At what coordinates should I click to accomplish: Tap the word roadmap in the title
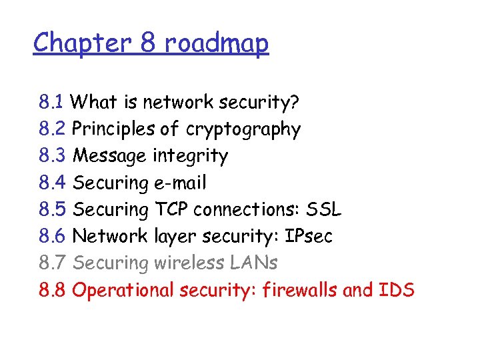pyautogui.click(x=216, y=43)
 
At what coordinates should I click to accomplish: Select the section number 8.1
pyautogui.click(x=51, y=103)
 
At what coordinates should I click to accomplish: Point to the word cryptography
pyautogui.click(x=243, y=129)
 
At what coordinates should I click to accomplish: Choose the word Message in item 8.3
pyautogui.click(x=109, y=156)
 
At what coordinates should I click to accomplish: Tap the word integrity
pyautogui.click(x=191, y=156)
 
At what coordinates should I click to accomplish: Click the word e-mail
pyautogui.click(x=179, y=183)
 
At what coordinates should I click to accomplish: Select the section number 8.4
pyautogui.click(x=52, y=183)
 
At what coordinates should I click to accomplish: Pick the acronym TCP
pyautogui.click(x=171, y=209)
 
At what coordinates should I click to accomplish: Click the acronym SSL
pyautogui.click(x=323, y=209)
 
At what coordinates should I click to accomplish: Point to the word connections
pyautogui.click(x=247, y=209)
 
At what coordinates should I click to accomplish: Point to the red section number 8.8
pyautogui.click(x=52, y=290)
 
